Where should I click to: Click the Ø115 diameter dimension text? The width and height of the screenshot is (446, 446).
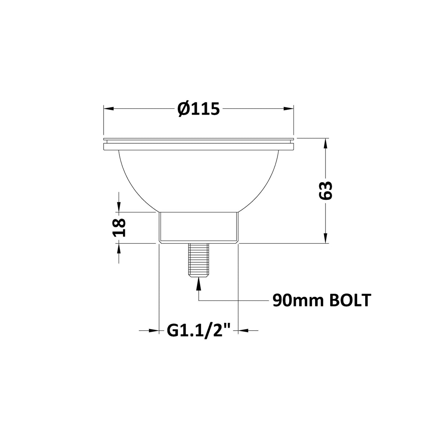pyautogui.click(x=198, y=109)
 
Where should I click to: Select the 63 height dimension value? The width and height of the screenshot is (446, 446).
pyautogui.click(x=325, y=190)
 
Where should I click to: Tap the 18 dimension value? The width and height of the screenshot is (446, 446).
pyautogui.click(x=119, y=227)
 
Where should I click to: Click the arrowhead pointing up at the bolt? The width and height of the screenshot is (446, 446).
pyautogui.click(x=198, y=283)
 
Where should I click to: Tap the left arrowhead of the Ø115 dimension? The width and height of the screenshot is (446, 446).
pyautogui.click(x=109, y=109)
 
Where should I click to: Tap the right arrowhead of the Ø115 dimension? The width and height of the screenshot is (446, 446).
pyautogui.click(x=289, y=109)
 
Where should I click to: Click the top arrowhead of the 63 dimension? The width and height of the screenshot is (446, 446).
pyautogui.click(x=325, y=143)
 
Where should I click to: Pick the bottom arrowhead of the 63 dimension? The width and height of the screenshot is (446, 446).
pyautogui.click(x=325, y=238)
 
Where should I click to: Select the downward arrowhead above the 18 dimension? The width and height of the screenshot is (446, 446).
pyautogui.click(x=119, y=207)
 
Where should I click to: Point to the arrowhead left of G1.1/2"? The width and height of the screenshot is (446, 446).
pyautogui.click(x=154, y=331)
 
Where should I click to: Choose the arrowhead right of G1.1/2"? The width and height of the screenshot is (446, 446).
pyautogui.click(x=243, y=331)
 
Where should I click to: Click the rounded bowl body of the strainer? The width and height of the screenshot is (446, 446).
pyautogui.click(x=198, y=180)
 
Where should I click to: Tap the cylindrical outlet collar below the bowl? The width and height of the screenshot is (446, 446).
pyautogui.click(x=198, y=227)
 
